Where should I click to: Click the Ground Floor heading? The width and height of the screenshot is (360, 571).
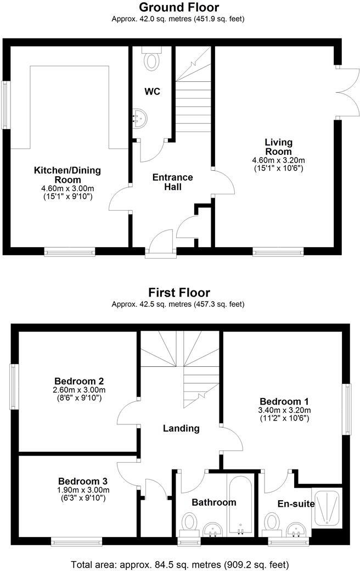[x=179, y=7]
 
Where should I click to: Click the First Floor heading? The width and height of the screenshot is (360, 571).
[x=179, y=293]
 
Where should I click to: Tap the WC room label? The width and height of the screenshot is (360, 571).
[x=152, y=92]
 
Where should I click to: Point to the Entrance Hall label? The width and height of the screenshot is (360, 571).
[x=172, y=182]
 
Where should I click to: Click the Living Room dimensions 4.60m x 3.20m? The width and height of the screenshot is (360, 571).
[x=278, y=160]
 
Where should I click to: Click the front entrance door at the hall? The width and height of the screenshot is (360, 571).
[x=161, y=245]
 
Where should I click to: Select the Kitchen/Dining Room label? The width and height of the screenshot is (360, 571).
[x=67, y=175]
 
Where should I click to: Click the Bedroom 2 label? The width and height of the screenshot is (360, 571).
[x=80, y=381]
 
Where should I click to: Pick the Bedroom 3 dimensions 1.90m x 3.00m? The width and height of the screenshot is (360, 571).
[x=80, y=490]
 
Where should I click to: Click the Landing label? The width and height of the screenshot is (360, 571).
[x=181, y=428]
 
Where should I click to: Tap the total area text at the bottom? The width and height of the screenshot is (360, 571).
[x=179, y=564]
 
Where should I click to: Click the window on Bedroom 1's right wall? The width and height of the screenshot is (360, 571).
[x=347, y=409]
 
